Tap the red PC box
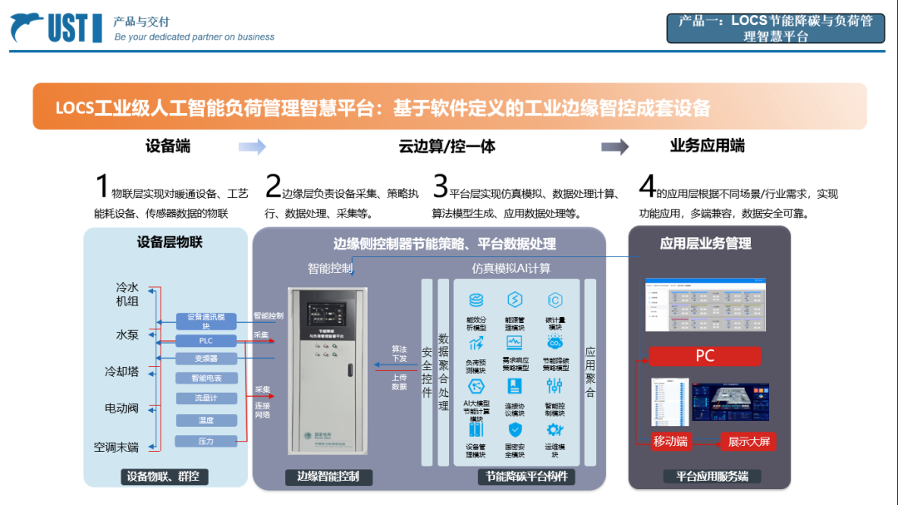point(705,356)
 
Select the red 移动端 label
point(670,442)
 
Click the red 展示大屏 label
point(748,442)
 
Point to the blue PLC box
point(206,341)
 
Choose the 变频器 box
point(206,359)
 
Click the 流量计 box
point(206,399)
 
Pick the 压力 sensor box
point(206,441)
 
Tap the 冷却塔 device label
point(121,372)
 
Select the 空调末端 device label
point(116,448)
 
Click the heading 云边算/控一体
point(447,146)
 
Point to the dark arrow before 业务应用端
point(615,146)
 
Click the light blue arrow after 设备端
point(252,147)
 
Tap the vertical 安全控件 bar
point(427,372)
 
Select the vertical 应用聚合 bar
point(590,372)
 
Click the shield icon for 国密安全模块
point(516,430)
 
